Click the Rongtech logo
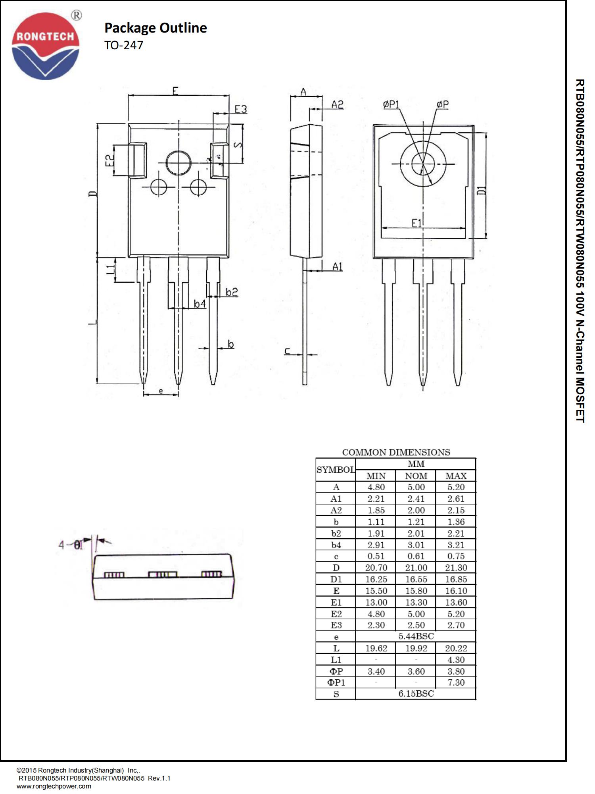tap(46, 46)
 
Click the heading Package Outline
tap(155, 28)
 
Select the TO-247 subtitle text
tap(123, 45)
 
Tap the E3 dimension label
tap(240, 109)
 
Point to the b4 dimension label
tap(200, 304)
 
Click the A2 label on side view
tap(337, 104)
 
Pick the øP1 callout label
tap(391, 104)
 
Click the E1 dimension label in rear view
tap(416, 223)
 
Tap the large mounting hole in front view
tap(178, 163)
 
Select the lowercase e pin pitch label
tap(161, 391)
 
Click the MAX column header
tap(455, 476)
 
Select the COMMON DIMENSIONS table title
tap(396, 452)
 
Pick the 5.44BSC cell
tap(416, 636)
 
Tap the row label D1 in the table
tap(336, 579)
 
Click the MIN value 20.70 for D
tap(376, 567)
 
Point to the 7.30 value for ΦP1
tap(455, 682)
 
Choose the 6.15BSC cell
tap(416, 694)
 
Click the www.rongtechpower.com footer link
tap(54, 786)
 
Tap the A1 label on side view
tap(337, 266)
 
